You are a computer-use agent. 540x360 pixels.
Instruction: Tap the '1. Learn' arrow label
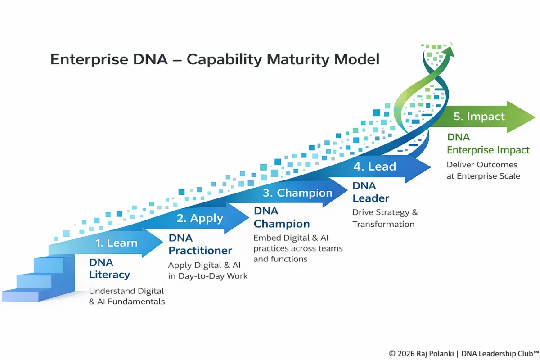pyautogui.click(x=116, y=243)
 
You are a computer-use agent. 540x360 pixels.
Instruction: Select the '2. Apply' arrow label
pyautogui.click(x=200, y=219)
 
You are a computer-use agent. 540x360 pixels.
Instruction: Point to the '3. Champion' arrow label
pyautogui.click(x=297, y=193)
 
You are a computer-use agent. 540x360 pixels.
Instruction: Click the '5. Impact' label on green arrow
pyautogui.click(x=479, y=117)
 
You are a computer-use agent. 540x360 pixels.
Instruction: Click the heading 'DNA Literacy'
pyautogui.click(x=109, y=269)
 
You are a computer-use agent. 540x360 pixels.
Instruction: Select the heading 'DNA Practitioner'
pyautogui.click(x=200, y=244)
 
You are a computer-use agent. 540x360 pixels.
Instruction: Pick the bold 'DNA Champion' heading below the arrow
pyautogui.click(x=282, y=217)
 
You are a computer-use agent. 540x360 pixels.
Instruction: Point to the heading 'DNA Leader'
pyautogui.click(x=370, y=192)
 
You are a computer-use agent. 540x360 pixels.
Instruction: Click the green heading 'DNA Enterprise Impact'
pyautogui.click(x=488, y=144)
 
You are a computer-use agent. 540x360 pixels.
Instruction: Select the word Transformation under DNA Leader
pyautogui.click(x=383, y=224)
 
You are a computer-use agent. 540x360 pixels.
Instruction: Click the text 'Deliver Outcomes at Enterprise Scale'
pyautogui.click(x=483, y=170)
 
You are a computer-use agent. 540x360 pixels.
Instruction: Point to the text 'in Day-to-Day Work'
pyautogui.click(x=208, y=276)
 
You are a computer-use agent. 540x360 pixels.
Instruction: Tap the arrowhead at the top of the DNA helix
pyautogui.click(x=450, y=49)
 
